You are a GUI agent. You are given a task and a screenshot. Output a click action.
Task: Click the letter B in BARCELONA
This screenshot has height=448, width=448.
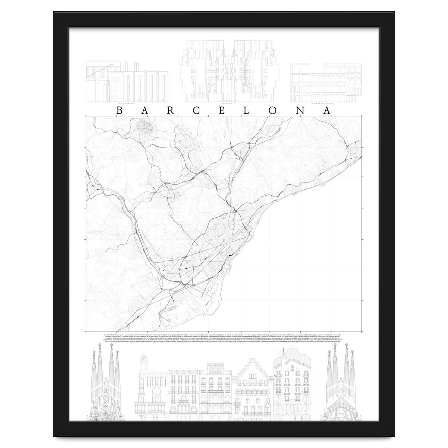coord(119,111)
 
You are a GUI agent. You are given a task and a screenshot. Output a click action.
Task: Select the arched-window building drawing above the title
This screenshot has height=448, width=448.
coord(326,82)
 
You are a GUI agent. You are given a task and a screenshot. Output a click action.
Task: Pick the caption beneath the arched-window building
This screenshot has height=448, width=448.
coord(326,102)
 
